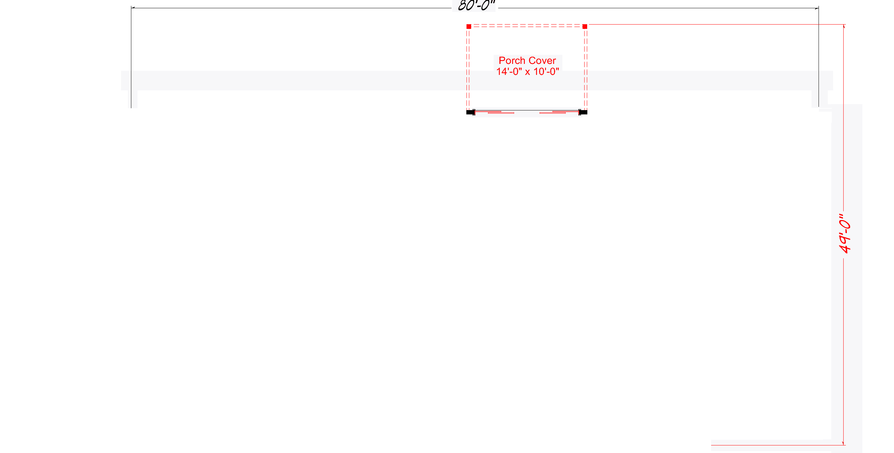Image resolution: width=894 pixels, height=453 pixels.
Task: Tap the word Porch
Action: [512, 61]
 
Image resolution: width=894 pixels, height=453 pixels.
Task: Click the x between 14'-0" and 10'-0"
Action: [528, 72]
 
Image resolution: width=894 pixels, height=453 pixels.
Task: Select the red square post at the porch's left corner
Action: [469, 26]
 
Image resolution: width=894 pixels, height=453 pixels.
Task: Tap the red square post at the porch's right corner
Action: [585, 26]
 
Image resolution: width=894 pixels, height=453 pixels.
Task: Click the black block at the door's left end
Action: [470, 112]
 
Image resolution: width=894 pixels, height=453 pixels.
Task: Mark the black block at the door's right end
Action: [583, 112]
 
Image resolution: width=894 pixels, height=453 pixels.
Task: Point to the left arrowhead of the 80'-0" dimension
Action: [133, 8]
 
